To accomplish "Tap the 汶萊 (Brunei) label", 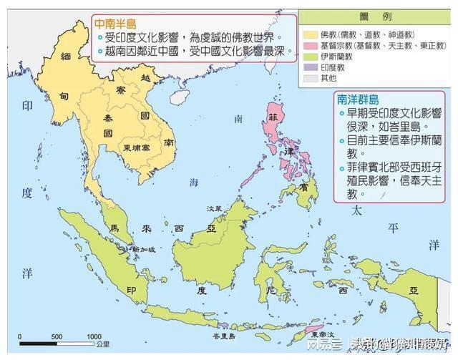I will click(213, 208).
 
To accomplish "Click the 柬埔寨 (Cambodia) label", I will click(136, 147).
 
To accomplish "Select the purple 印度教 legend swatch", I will click(310, 67).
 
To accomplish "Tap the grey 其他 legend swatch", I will click(310, 79).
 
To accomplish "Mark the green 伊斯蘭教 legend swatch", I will click(310, 56).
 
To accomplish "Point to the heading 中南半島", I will click(115, 23).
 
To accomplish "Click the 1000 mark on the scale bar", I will click(94, 337).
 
